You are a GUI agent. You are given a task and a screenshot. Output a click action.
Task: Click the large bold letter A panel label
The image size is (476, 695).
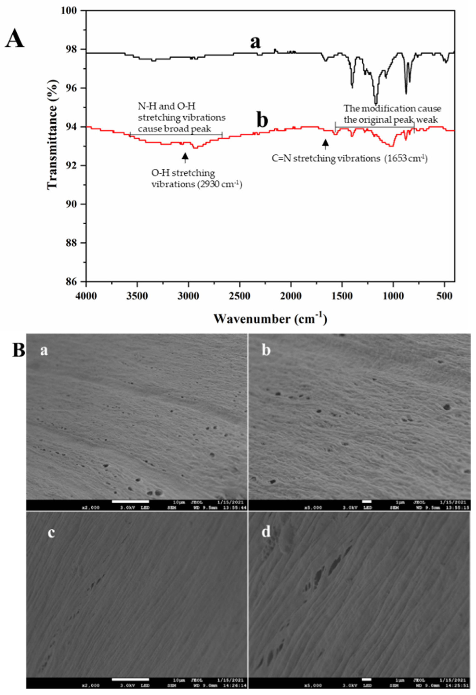click(15, 39)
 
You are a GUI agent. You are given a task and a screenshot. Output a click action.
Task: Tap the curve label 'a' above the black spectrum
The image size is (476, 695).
click(255, 42)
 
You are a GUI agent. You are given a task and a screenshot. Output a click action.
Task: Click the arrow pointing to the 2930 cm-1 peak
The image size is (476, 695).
click(185, 157)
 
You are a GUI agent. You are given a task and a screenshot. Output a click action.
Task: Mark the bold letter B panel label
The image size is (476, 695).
click(18, 350)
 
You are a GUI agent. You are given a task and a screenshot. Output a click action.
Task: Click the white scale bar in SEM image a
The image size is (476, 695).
click(130, 501)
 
